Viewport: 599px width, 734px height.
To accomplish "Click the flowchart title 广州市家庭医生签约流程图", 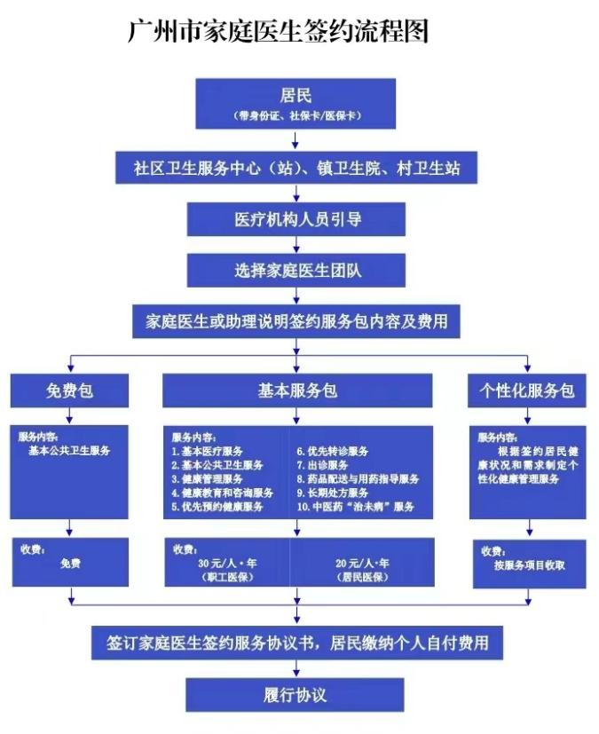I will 279,32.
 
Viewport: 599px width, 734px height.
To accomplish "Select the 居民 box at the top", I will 296,102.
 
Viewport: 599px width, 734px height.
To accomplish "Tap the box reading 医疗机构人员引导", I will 296,218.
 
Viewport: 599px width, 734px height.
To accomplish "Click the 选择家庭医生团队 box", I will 296,269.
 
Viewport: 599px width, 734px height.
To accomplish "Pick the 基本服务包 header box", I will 296,391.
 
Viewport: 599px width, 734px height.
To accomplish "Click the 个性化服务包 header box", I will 527,391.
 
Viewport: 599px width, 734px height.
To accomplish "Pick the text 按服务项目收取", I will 530,565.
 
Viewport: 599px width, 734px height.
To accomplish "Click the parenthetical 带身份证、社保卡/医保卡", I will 296,116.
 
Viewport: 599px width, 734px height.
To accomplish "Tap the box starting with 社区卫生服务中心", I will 296,167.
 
